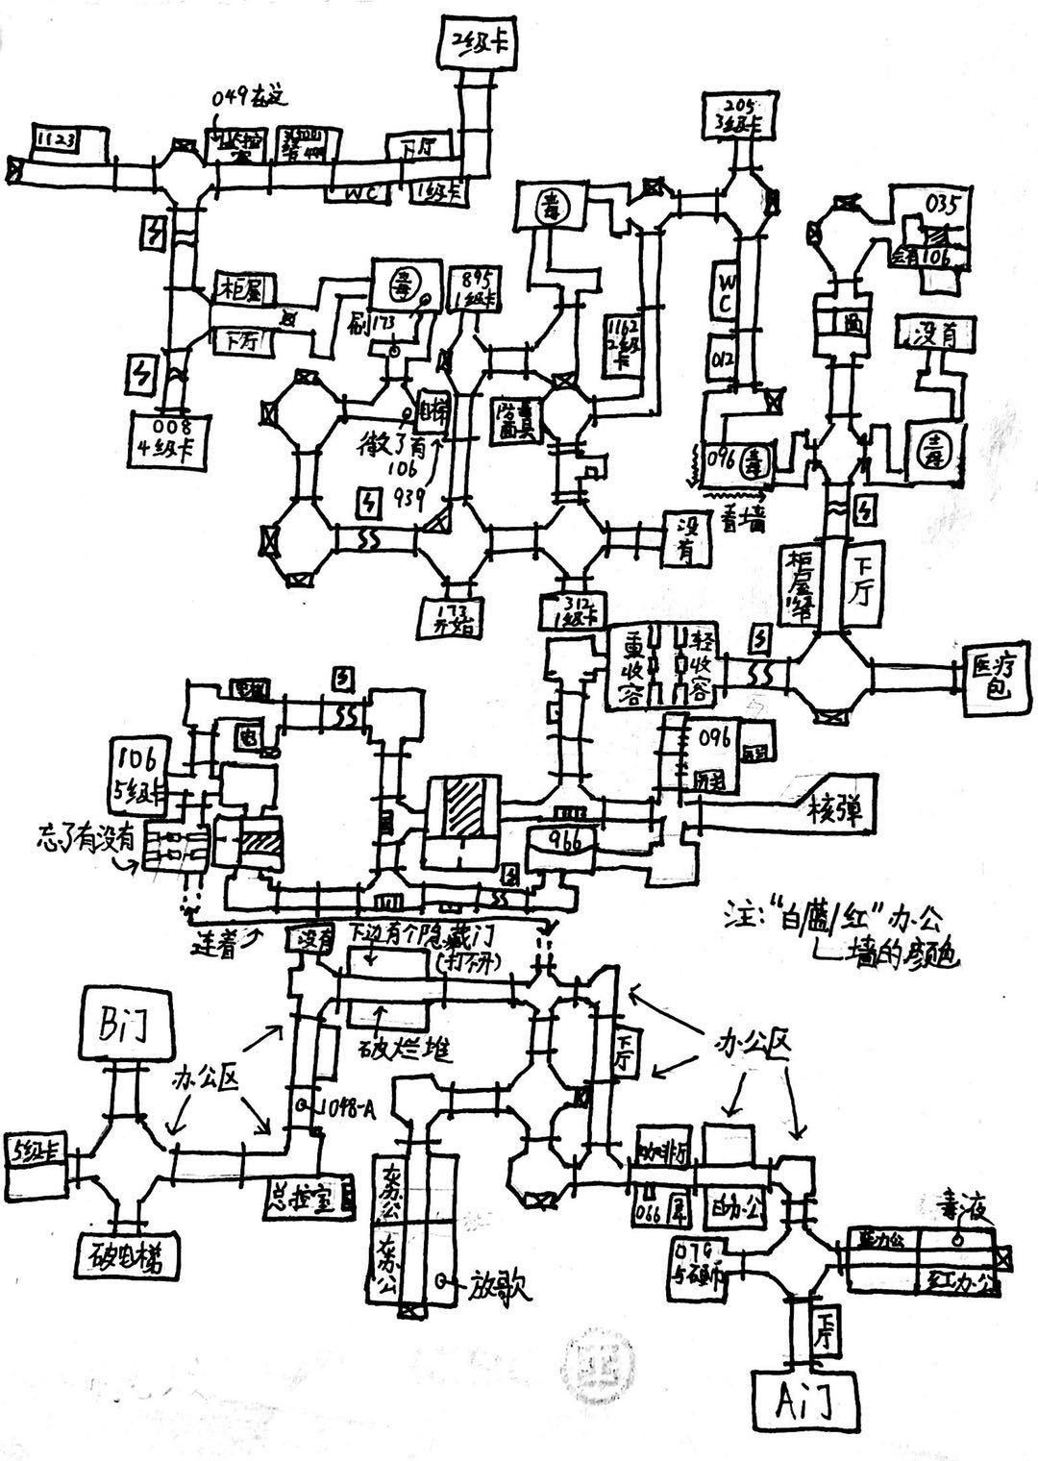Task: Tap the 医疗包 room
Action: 994,676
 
